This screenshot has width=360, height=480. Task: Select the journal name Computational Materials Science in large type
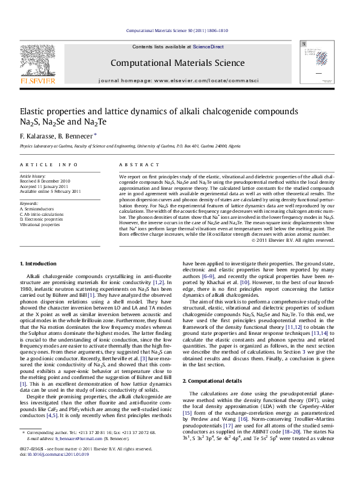(177, 63)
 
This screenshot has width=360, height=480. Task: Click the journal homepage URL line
(178, 80)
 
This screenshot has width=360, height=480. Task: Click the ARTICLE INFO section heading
(48, 164)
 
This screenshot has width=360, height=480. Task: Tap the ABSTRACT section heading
(134, 164)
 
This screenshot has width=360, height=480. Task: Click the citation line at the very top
(177, 30)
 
